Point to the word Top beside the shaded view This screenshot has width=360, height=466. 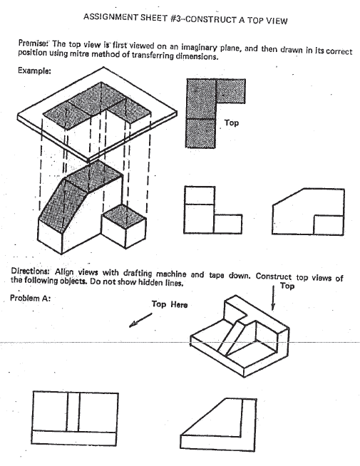[x=232, y=123]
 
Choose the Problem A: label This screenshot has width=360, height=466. [x=31, y=298]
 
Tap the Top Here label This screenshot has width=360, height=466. [x=170, y=305]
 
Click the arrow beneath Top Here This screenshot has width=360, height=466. [x=140, y=321]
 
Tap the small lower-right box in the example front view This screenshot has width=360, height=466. [x=227, y=223]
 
